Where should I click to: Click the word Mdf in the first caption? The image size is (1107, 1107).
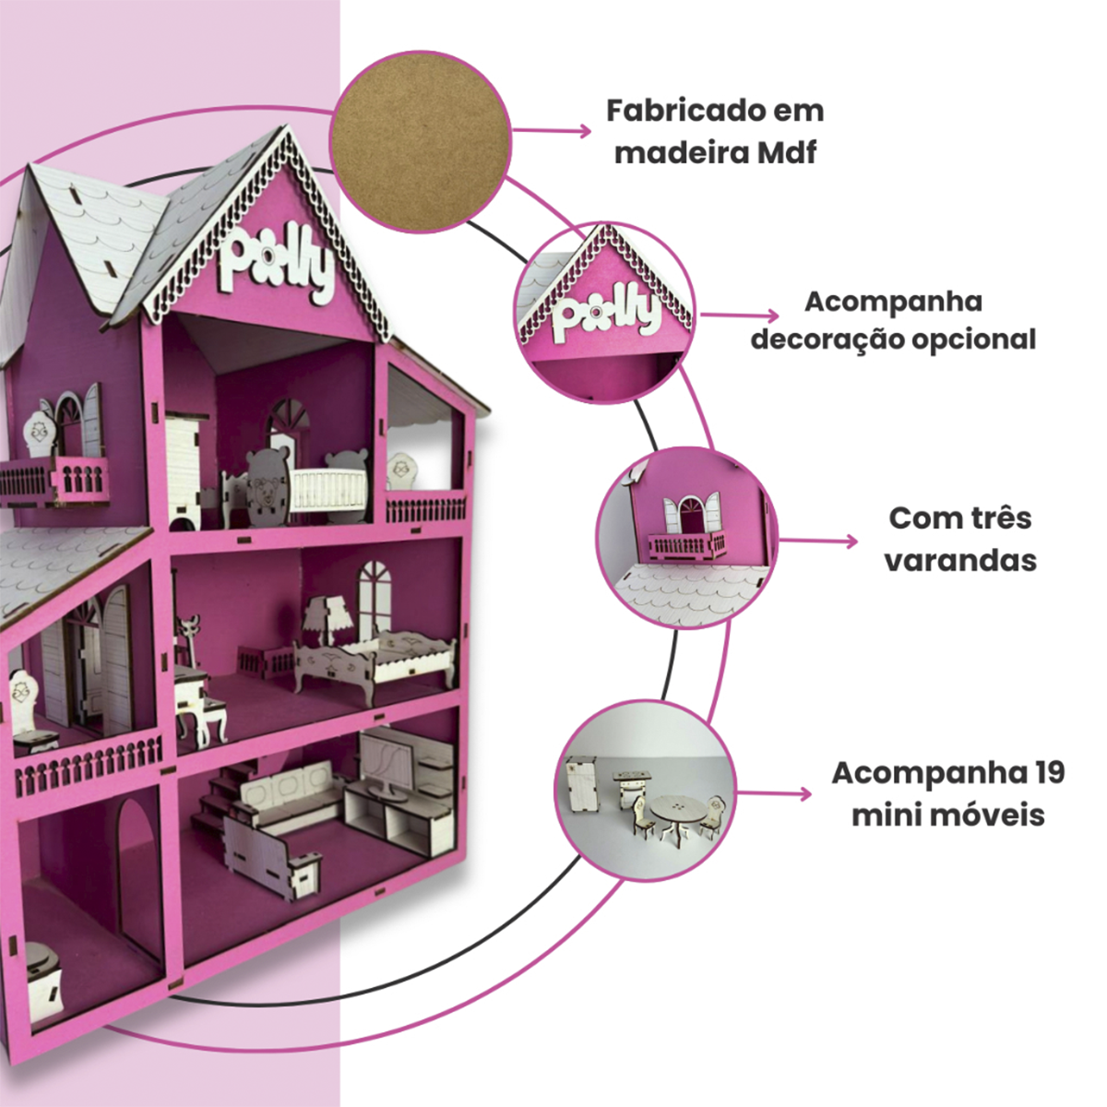787,152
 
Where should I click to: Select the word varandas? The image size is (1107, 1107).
960,560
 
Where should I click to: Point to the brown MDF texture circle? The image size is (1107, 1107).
420,140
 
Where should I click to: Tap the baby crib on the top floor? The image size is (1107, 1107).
327,489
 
